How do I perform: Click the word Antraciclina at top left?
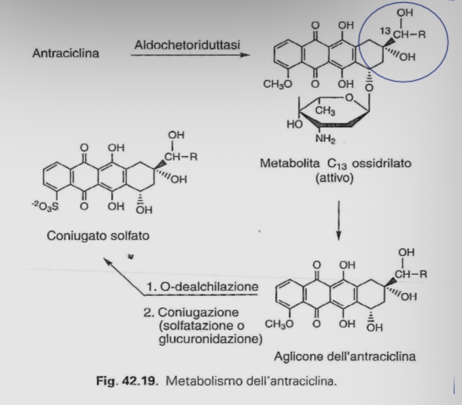click(x=66, y=54)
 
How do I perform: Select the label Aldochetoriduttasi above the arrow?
click(x=187, y=45)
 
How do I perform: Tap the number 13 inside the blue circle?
click(x=385, y=31)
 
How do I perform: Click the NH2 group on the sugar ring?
click(x=325, y=138)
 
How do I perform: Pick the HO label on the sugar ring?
click(x=295, y=124)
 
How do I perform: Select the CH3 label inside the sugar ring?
click(x=325, y=111)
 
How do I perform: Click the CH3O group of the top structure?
click(x=278, y=84)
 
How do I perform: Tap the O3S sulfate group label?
click(x=45, y=207)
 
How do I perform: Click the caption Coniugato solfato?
click(x=98, y=236)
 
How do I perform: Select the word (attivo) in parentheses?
click(x=334, y=178)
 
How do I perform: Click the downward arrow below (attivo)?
click(x=339, y=220)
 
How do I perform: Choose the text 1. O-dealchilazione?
click(x=203, y=286)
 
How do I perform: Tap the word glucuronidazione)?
click(x=211, y=339)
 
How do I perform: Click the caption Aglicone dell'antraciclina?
click(x=345, y=356)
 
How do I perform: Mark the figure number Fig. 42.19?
click(x=127, y=381)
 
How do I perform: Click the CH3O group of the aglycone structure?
click(x=279, y=324)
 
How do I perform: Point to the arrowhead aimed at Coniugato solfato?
click(x=107, y=261)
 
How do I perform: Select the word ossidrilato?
click(x=382, y=163)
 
